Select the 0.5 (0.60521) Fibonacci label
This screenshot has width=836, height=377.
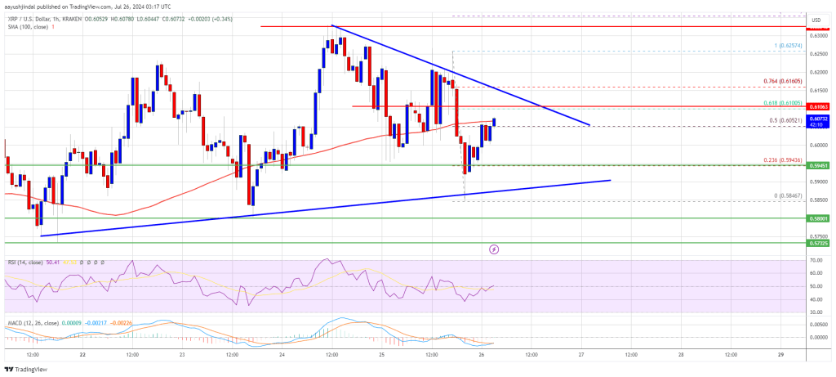click(x=785, y=120)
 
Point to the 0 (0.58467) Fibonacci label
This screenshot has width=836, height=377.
click(x=787, y=195)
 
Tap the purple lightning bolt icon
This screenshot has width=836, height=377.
click(x=493, y=248)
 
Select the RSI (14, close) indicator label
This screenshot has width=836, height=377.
click(x=24, y=263)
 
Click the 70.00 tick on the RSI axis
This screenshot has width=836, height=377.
click(x=816, y=260)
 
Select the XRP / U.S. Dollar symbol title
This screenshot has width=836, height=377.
click(x=37, y=19)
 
